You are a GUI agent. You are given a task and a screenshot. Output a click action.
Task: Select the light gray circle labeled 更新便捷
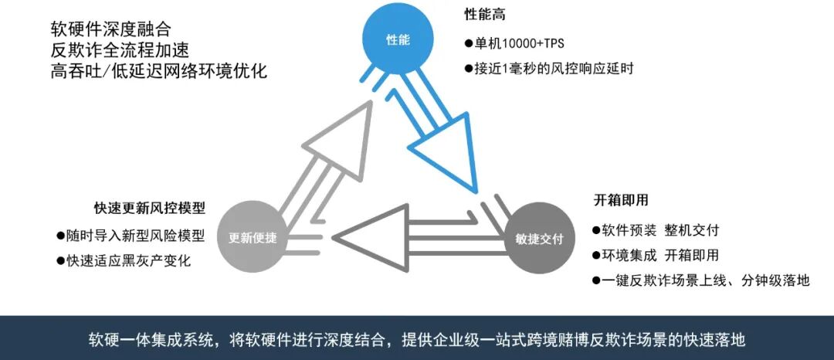click(258, 236)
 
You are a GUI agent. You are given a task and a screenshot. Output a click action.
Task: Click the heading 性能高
click(485, 15)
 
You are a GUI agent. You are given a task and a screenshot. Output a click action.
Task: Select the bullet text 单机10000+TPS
click(519, 43)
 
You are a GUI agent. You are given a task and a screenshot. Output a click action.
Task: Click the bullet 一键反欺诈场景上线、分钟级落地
click(704, 280)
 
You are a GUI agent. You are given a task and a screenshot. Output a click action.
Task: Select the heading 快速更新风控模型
click(150, 209)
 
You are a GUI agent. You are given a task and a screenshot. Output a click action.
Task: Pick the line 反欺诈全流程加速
click(109, 50)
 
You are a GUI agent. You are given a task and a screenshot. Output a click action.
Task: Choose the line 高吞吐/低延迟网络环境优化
click(158, 71)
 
